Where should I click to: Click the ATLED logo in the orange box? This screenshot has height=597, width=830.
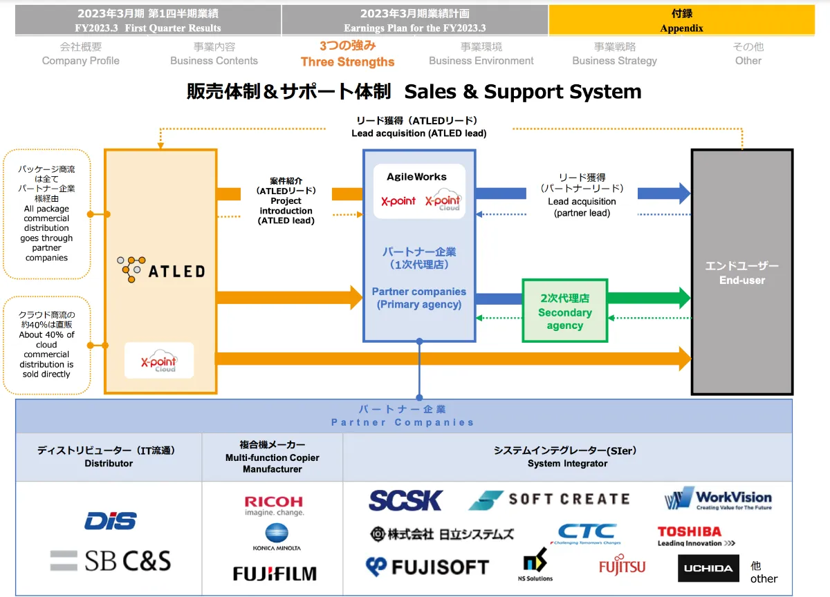coord(160,270)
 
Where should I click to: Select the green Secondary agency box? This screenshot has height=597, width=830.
coord(564,311)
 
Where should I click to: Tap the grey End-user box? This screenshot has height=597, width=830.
coord(742,272)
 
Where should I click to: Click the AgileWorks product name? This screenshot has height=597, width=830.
coord(416,177)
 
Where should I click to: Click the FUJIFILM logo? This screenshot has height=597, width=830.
coord(275,574)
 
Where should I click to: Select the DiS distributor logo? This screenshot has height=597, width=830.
coord(111,520)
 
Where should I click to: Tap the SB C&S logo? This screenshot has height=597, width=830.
coord(111,560)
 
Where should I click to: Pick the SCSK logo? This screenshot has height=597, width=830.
coord(405,500)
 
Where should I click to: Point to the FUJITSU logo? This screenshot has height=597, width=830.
coord(622,567)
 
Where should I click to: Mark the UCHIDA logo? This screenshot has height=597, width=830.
coord(708,568)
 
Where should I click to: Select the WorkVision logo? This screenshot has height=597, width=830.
coord(718,499)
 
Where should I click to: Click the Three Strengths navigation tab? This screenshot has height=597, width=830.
coord(347,54)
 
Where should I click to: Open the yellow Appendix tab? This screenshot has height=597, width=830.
coord(681,21)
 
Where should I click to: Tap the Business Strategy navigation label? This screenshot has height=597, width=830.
coord(614,54)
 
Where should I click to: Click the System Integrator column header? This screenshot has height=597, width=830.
coord(567,457)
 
